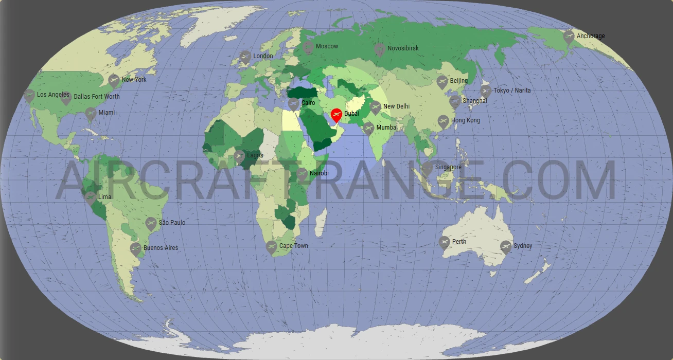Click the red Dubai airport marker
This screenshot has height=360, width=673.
click(x=336, y=114)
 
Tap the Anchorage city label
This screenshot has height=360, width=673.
click(x=591, y=36)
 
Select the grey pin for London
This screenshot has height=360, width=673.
click(x=245, y=56)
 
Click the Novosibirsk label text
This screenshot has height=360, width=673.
click(x=403, y=48)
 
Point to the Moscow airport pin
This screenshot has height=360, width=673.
click(x=308, y=47)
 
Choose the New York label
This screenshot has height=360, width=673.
click(x=134, y=80)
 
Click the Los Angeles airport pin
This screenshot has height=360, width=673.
click(x=29, y=95)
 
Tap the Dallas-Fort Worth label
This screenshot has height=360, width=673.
click(x=97, y=96)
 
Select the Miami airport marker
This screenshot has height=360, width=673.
click(x=91, y=113)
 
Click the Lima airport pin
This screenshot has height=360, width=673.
click(x=90, y=197)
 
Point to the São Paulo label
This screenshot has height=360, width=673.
click(x=172, y=223)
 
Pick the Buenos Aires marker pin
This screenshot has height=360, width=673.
click(x=136, y=248)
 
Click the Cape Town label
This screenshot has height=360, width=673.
click(x=293, y=246)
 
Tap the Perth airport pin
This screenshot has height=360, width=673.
click(x=445, y=242)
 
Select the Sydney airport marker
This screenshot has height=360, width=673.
click(x=506, y=246)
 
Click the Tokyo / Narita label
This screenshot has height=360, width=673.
click(x=512, y=91)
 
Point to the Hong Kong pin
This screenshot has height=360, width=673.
click(x=443, y=121)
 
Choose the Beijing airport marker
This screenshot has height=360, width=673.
click(x=442, y=81)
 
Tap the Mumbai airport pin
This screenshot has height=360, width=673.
click(x=368, y=128)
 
